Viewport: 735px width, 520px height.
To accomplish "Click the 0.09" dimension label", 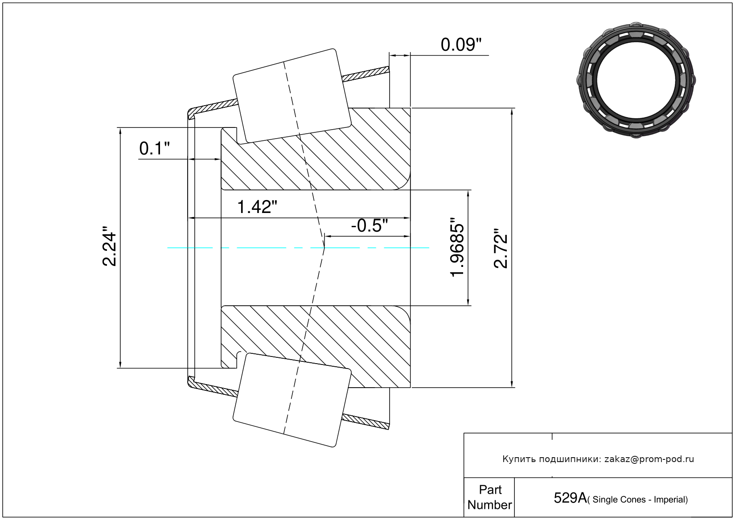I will click(461, 45).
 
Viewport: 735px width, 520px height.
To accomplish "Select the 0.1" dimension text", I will click(154, 148).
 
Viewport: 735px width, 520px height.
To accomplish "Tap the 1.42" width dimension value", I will click(257, 207).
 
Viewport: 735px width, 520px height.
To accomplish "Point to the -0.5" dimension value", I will click(369, 226).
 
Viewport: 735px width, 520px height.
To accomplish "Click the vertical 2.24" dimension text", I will click(109, 249).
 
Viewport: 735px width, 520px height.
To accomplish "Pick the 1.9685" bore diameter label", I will click(457, 248).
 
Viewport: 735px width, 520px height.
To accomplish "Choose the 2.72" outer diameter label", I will click(501, 249).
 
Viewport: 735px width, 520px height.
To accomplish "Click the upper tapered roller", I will click(292, 96).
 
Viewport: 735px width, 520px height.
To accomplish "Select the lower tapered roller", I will click(292, 400).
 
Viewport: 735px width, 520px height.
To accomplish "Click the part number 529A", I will click(570, 498).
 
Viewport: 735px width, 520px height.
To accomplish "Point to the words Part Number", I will click(489, 497).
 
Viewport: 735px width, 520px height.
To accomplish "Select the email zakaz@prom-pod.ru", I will click(649, 459).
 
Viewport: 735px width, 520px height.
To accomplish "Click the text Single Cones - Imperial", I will click(640, 500).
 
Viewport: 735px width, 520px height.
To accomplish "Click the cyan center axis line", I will click(267, 248).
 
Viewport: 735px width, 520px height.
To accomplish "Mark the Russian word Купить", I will click(519, 459).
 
